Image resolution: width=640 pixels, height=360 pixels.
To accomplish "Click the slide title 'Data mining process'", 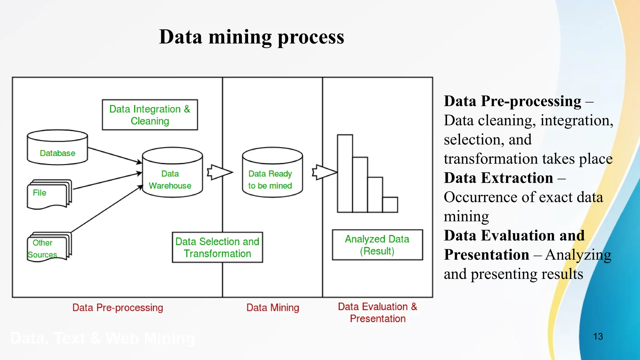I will pyautogui.click(x=252, y=37).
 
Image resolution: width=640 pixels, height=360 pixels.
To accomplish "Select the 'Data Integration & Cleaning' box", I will pyautogui.click(x=150, y=115).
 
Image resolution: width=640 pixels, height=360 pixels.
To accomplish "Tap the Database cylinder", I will pyautogui.click(x=57, y=147).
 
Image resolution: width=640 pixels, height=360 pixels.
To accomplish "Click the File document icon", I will pyautogui.click(x=49, y=194).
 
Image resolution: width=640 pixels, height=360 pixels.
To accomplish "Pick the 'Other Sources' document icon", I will pyautogui.click(x=49, y=247).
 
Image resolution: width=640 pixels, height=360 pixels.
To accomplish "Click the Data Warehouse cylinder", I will pyautogui.click(x=172, y=172).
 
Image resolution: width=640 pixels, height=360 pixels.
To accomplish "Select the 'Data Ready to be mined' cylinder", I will pyautogui.click(x=272, y=172).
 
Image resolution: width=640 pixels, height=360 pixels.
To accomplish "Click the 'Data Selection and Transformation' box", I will pyautogui.click(x=217, y=247).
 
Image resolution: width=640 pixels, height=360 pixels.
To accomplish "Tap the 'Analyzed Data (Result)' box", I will pyautogui.click(x=377, y=245).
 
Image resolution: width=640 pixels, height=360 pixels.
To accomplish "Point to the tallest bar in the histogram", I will pyautogui.click(x=345, y=173).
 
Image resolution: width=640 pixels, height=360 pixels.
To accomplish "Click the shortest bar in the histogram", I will pyautogui.click(x=390, y=205).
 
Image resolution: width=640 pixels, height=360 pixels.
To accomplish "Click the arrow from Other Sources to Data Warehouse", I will pyautogui.click(x=106, y=209).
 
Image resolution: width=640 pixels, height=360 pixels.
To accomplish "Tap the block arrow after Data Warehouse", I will pyautogui.click(x=219, y=172).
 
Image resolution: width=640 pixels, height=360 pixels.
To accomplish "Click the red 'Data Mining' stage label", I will pyautogui.click(x=272, y=308).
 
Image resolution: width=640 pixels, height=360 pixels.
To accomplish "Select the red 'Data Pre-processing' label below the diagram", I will pyautogui.click(x=117, y=308).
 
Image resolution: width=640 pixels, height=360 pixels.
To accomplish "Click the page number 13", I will pyautogui.click(x=598, y=337).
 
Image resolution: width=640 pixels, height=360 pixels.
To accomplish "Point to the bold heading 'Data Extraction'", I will pyautogui.click(x=498, y=178).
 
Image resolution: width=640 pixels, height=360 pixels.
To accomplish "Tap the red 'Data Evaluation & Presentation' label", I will pyautogui.click(x=377, y=312).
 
